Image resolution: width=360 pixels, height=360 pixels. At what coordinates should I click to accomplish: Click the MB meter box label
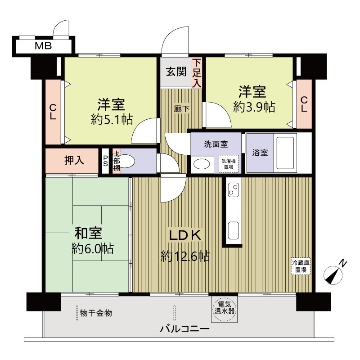pyautogui.click(x=43, y=46)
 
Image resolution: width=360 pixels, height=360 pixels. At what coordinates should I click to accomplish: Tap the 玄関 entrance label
pyautogui.click(x=176, y=72)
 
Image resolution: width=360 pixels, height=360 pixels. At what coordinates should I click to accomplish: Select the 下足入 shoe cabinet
pyautogui.click(x=197, y=73)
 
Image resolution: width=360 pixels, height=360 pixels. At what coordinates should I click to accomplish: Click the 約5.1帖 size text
pyautogui.click(x=112, y=119)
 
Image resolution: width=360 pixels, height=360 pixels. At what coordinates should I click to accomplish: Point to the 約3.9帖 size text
pyautogui.click(x=254, y=107)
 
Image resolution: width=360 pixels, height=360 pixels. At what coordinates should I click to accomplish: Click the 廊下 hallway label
pyautogui.click(x=182, y=108)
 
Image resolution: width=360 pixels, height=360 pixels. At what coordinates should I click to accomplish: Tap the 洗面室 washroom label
pyautogui.click(x=216, y=144)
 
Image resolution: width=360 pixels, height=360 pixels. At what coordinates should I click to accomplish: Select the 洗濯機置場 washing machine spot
pyautogui.click(x=229, y=164)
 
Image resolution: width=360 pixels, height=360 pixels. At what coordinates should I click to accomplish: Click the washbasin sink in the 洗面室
pyautogui.click(x=202, y=164)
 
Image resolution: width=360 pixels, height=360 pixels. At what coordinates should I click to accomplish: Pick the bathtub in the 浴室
pyautogui.click(x=285, y=153)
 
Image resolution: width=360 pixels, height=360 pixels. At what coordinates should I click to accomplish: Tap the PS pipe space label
pyautogui.click(x=105, y=161)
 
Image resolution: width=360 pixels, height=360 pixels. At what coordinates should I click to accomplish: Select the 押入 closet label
pyautogui.click(x=74, y=160)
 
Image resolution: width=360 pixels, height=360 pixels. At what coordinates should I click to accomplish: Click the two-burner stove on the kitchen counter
pyautogui.click(x=234, y=190)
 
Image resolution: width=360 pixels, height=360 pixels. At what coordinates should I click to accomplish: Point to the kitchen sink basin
pyautogui.click(x=234, y=230)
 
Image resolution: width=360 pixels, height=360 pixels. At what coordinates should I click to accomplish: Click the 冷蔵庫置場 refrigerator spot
pyautogui.click(x=301, y=266)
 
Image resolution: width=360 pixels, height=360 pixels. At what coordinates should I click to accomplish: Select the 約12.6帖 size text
pyautogui.click(x=185, y=256)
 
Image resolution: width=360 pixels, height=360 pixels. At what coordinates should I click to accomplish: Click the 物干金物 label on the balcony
pyautogui.click(x=96, y=313)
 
